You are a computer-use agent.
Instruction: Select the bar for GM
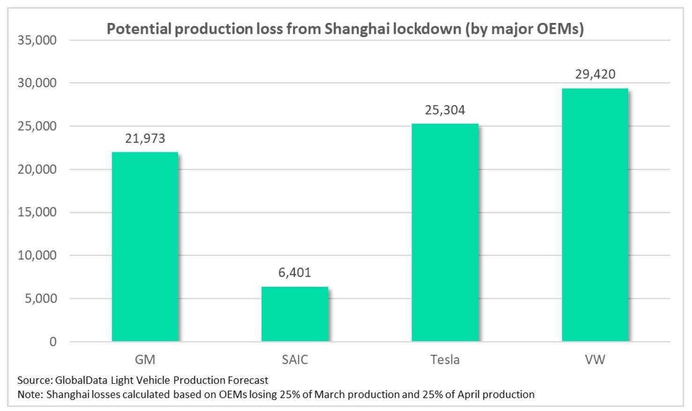pyautogui.click(x=145, y=247)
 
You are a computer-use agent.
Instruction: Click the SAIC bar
pyautogui.click(x=295, y=314)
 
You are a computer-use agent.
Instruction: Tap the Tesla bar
pyautogui.click(x=445, y=232)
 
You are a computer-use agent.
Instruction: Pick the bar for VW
pyautogui.click(x=595, y=215)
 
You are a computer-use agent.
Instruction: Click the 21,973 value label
pyautogui.click(x=145, y=139)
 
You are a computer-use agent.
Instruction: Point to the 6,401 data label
pyautogui.click(x=295, y=273)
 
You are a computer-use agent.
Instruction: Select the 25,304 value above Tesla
pyautogui.click(x=445, y=110)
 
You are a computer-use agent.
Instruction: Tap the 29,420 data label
pyautogui.click(x=595, y=75)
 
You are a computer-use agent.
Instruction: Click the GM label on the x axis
pyautogui.click(x=145, y=360)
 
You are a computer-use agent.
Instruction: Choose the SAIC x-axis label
pyautogui.click(x=295, y=360)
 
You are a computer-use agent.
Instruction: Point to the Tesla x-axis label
pyautogui.click(x=445, y=360)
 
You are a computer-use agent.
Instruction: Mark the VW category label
pyautogui.click(x=595, y=360)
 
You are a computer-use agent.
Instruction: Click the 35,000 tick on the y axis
pyautogui.click(x=37, y=40)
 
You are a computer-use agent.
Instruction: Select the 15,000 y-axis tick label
pyautogui.click(x=37, y=212)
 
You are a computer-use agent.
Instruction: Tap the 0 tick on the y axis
pyautogui.click(x=53, y=342)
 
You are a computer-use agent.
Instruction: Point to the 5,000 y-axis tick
pyautogui.click(x=40, y=299)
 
